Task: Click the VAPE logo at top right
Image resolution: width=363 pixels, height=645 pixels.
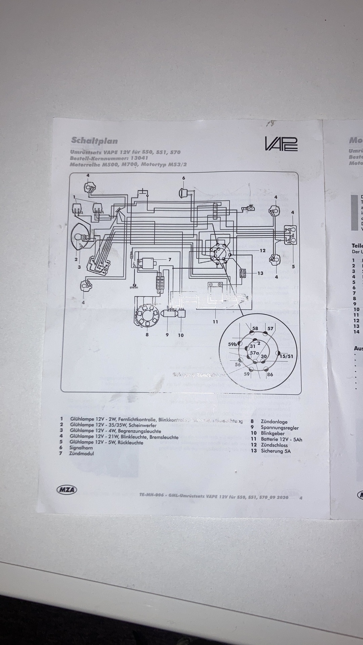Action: tap(281, 143)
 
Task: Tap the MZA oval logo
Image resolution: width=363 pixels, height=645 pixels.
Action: tap(66, 490)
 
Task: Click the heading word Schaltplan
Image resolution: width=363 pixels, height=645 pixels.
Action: tap(94, 140)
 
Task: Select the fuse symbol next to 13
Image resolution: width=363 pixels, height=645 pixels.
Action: tap(242, 264)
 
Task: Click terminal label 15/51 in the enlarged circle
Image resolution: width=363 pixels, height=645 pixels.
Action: tap(286, 356)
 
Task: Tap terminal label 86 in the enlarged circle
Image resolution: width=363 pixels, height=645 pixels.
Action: tap(270, 374)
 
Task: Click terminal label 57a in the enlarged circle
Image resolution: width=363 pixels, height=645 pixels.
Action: tap(254, 353)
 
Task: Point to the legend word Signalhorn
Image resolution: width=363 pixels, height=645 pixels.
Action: tap(81, 447)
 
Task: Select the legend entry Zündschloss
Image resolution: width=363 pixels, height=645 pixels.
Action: tap(274, 445)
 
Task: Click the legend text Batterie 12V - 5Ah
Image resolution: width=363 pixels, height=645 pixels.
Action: tap(281, 439)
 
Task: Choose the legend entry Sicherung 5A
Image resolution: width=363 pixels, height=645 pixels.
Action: tap(276, 451)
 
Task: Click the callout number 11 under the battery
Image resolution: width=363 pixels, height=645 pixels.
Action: tap(215, 321)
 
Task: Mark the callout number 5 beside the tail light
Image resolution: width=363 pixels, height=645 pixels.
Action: tap(293, 266)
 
